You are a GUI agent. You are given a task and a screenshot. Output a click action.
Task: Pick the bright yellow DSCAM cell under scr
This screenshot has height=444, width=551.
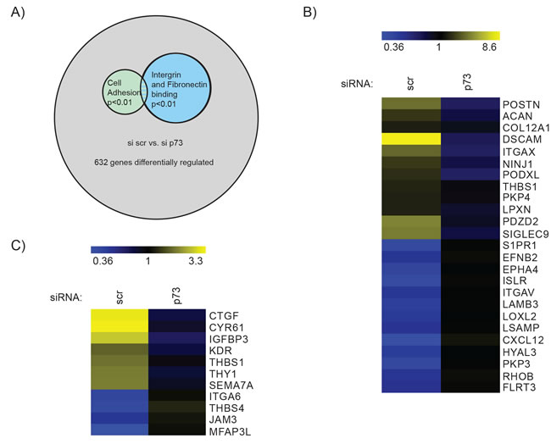point(412,139)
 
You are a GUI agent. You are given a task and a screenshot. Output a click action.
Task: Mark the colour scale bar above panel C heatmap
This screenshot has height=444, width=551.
point(147,251)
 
